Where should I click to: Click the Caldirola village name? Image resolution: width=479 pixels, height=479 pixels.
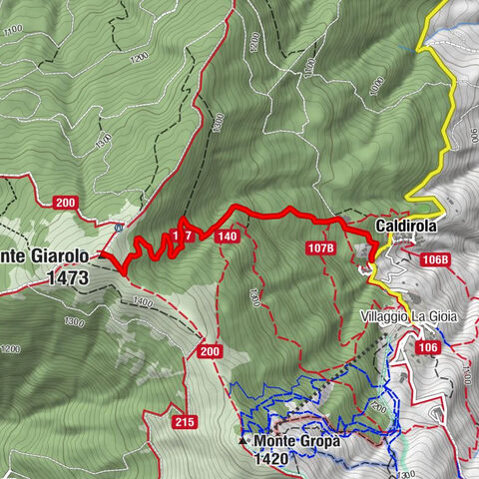pyautogui.click(x=407, y=228)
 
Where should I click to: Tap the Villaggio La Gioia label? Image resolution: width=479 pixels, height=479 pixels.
pyautogui.click(x=409, y=316)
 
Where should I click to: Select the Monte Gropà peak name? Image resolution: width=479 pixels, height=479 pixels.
pyautogui.click(x=296, y=440)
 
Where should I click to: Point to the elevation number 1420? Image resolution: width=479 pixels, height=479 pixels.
pyautogui.click(x=270, y=459)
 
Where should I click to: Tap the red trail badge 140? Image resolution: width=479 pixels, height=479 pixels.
pyautogui.click(x=227, y=237)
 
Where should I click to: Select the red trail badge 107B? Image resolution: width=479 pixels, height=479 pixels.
pyautogui.click(x=321, y=245)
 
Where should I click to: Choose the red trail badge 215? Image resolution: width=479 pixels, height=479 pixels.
pyautogui.click(x=184, y=423)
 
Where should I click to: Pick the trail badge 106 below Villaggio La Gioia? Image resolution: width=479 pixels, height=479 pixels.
pyautogui.click(x=427, y=347)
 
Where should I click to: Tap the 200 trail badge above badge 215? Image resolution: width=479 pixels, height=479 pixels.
pyautogui.click(x=210, y=351)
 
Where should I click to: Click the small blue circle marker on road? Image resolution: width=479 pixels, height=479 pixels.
pyautogui.click(x=119, y=227)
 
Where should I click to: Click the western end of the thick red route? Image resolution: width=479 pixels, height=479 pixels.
pyautogui.click(x=103, y=254)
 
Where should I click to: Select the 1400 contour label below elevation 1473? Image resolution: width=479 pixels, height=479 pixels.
pyautogui.click(x=141, y=301)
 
